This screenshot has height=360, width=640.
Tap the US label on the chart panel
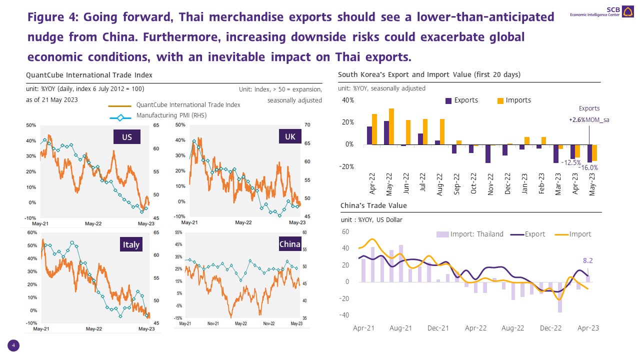click(127, 136)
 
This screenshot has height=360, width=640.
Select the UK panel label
click(290, 136)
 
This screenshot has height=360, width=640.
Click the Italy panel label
click(131, 244)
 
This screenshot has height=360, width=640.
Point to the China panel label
click(290, 244)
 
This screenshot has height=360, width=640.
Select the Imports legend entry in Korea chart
click(513, 100)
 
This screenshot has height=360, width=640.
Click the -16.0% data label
click(588, 168)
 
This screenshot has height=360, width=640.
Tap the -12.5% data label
click(570, 162)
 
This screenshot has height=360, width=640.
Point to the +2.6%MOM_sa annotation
click(589, 120)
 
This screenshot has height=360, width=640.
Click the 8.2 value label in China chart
click(588, 260)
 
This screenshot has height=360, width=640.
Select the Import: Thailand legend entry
click(470, 234)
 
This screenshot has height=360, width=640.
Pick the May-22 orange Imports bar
click(391, 126)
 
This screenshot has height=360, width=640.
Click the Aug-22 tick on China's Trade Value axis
click(512, 328)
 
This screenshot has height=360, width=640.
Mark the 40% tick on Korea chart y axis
click(348, 100)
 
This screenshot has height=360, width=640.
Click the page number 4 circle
click(13, 345)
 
